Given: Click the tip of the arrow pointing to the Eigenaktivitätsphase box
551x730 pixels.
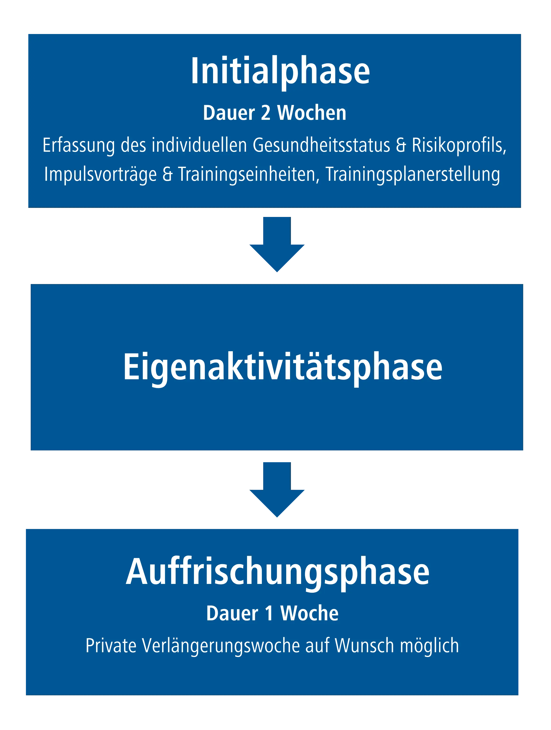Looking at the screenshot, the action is click(x=277, y=272).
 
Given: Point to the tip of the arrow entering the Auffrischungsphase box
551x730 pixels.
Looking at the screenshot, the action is click(x=277, y=517).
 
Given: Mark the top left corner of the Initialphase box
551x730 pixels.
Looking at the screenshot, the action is click(x=28, y=34).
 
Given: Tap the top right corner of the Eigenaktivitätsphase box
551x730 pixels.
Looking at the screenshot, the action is click(x=523, y=284).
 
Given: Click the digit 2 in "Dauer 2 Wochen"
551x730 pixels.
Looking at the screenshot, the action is click(x=266, y=113).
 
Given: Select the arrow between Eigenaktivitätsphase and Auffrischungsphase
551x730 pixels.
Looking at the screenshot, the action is click(x=277, y=490).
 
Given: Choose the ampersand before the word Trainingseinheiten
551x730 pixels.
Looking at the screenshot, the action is click(x=167, y=174).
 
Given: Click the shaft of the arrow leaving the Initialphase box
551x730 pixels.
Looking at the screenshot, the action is click(x=277, y=231).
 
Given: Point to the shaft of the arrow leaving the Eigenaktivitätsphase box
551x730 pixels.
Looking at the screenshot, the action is click(x=277, y=476).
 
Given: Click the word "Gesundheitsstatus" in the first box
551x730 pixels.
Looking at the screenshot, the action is click(x=321, y=146).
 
